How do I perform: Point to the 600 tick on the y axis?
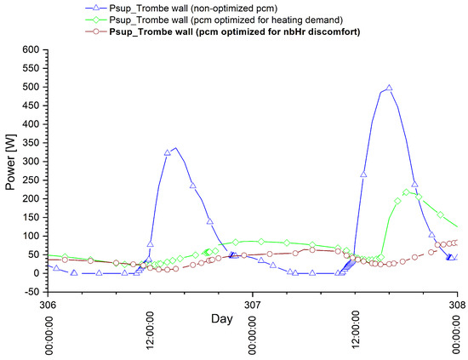coord(31,50)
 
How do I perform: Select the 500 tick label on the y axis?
coord(31,87)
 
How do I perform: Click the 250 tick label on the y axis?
coord(31,180)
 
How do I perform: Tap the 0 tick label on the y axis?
coord(37,273)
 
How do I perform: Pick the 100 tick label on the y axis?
coord(31,236)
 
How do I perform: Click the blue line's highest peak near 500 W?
coord(389,88)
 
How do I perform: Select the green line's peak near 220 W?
coord(407,191)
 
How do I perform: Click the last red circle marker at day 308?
coord(457,243)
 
